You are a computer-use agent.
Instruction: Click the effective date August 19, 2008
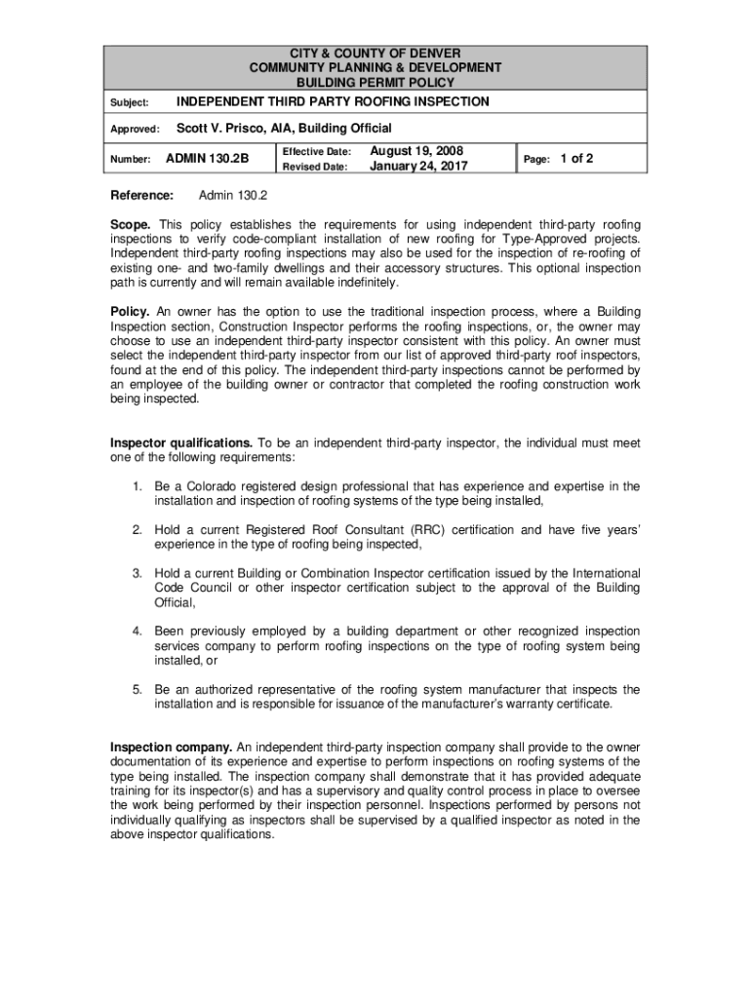point(416,151)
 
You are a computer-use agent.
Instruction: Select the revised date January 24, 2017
point(419,167)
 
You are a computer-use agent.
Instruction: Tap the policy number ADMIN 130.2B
point(208,159)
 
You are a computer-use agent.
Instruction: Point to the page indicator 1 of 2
point(575,158)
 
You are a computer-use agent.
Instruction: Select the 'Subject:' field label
point(129,102)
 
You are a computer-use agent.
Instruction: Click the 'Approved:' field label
point(135,130)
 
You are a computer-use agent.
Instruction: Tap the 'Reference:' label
point(141,195)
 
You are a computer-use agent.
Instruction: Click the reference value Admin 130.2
point(233,195)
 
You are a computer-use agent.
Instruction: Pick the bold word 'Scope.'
point(131,225)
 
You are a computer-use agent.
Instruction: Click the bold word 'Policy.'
point(130,312)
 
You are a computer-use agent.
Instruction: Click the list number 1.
point(138,486)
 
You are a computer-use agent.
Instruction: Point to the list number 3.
point(138,574)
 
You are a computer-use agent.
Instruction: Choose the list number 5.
point(138,690)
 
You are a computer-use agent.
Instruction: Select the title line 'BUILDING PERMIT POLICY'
point(375,83)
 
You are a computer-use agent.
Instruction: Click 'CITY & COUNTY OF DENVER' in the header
point(375,52)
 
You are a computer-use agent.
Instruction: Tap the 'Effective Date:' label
point(316,152)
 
